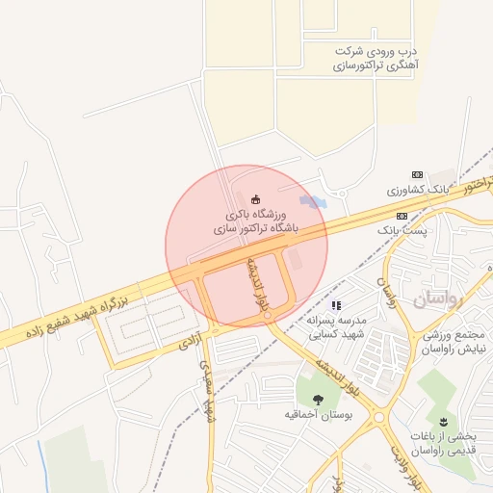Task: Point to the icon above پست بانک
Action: (x=402, y=216)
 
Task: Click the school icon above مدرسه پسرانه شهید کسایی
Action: (x=336, y=305)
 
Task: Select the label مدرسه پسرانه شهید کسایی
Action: (x=336, y=328)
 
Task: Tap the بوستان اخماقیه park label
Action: (x=319, y=415)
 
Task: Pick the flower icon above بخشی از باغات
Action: (x=444, y=421)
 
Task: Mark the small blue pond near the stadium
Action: (x=311, y=201)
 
